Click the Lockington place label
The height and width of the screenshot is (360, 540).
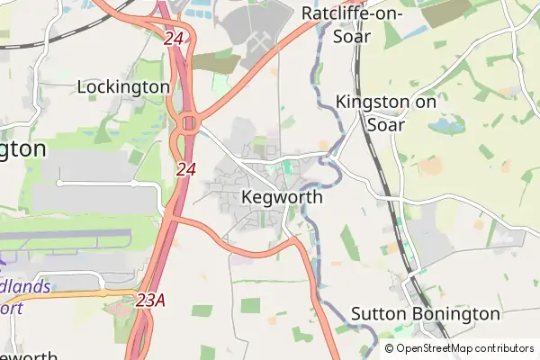(x=123, y=86)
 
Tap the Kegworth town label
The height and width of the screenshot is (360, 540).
(x=282, y=197)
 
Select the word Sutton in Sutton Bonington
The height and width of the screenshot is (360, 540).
(x=379, y=314)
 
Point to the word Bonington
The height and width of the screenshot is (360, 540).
(x=455, y=314)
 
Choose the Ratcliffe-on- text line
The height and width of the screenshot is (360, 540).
(x=353, y=13)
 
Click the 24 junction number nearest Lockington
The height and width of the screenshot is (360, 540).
(x=174, y=39)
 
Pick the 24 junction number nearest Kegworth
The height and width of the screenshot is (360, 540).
(x=185, y=169)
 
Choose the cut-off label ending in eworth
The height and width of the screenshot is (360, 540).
(x=27, y=354)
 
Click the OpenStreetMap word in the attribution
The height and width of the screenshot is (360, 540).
(x=441, y=347)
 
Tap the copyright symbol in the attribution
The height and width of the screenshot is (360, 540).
(x=389, y=347)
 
